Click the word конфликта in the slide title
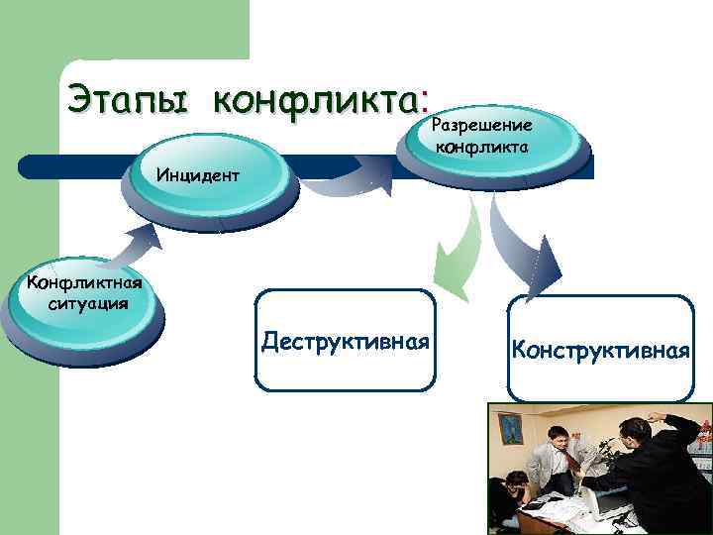click(x=316, y=100)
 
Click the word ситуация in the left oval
click(x=87, y=303)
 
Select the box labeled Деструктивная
click(x=345, y=340)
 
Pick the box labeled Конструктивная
click(x=600, y=349)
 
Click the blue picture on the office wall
click(x=510, y=427)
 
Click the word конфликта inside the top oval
click(x=481, y=146)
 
